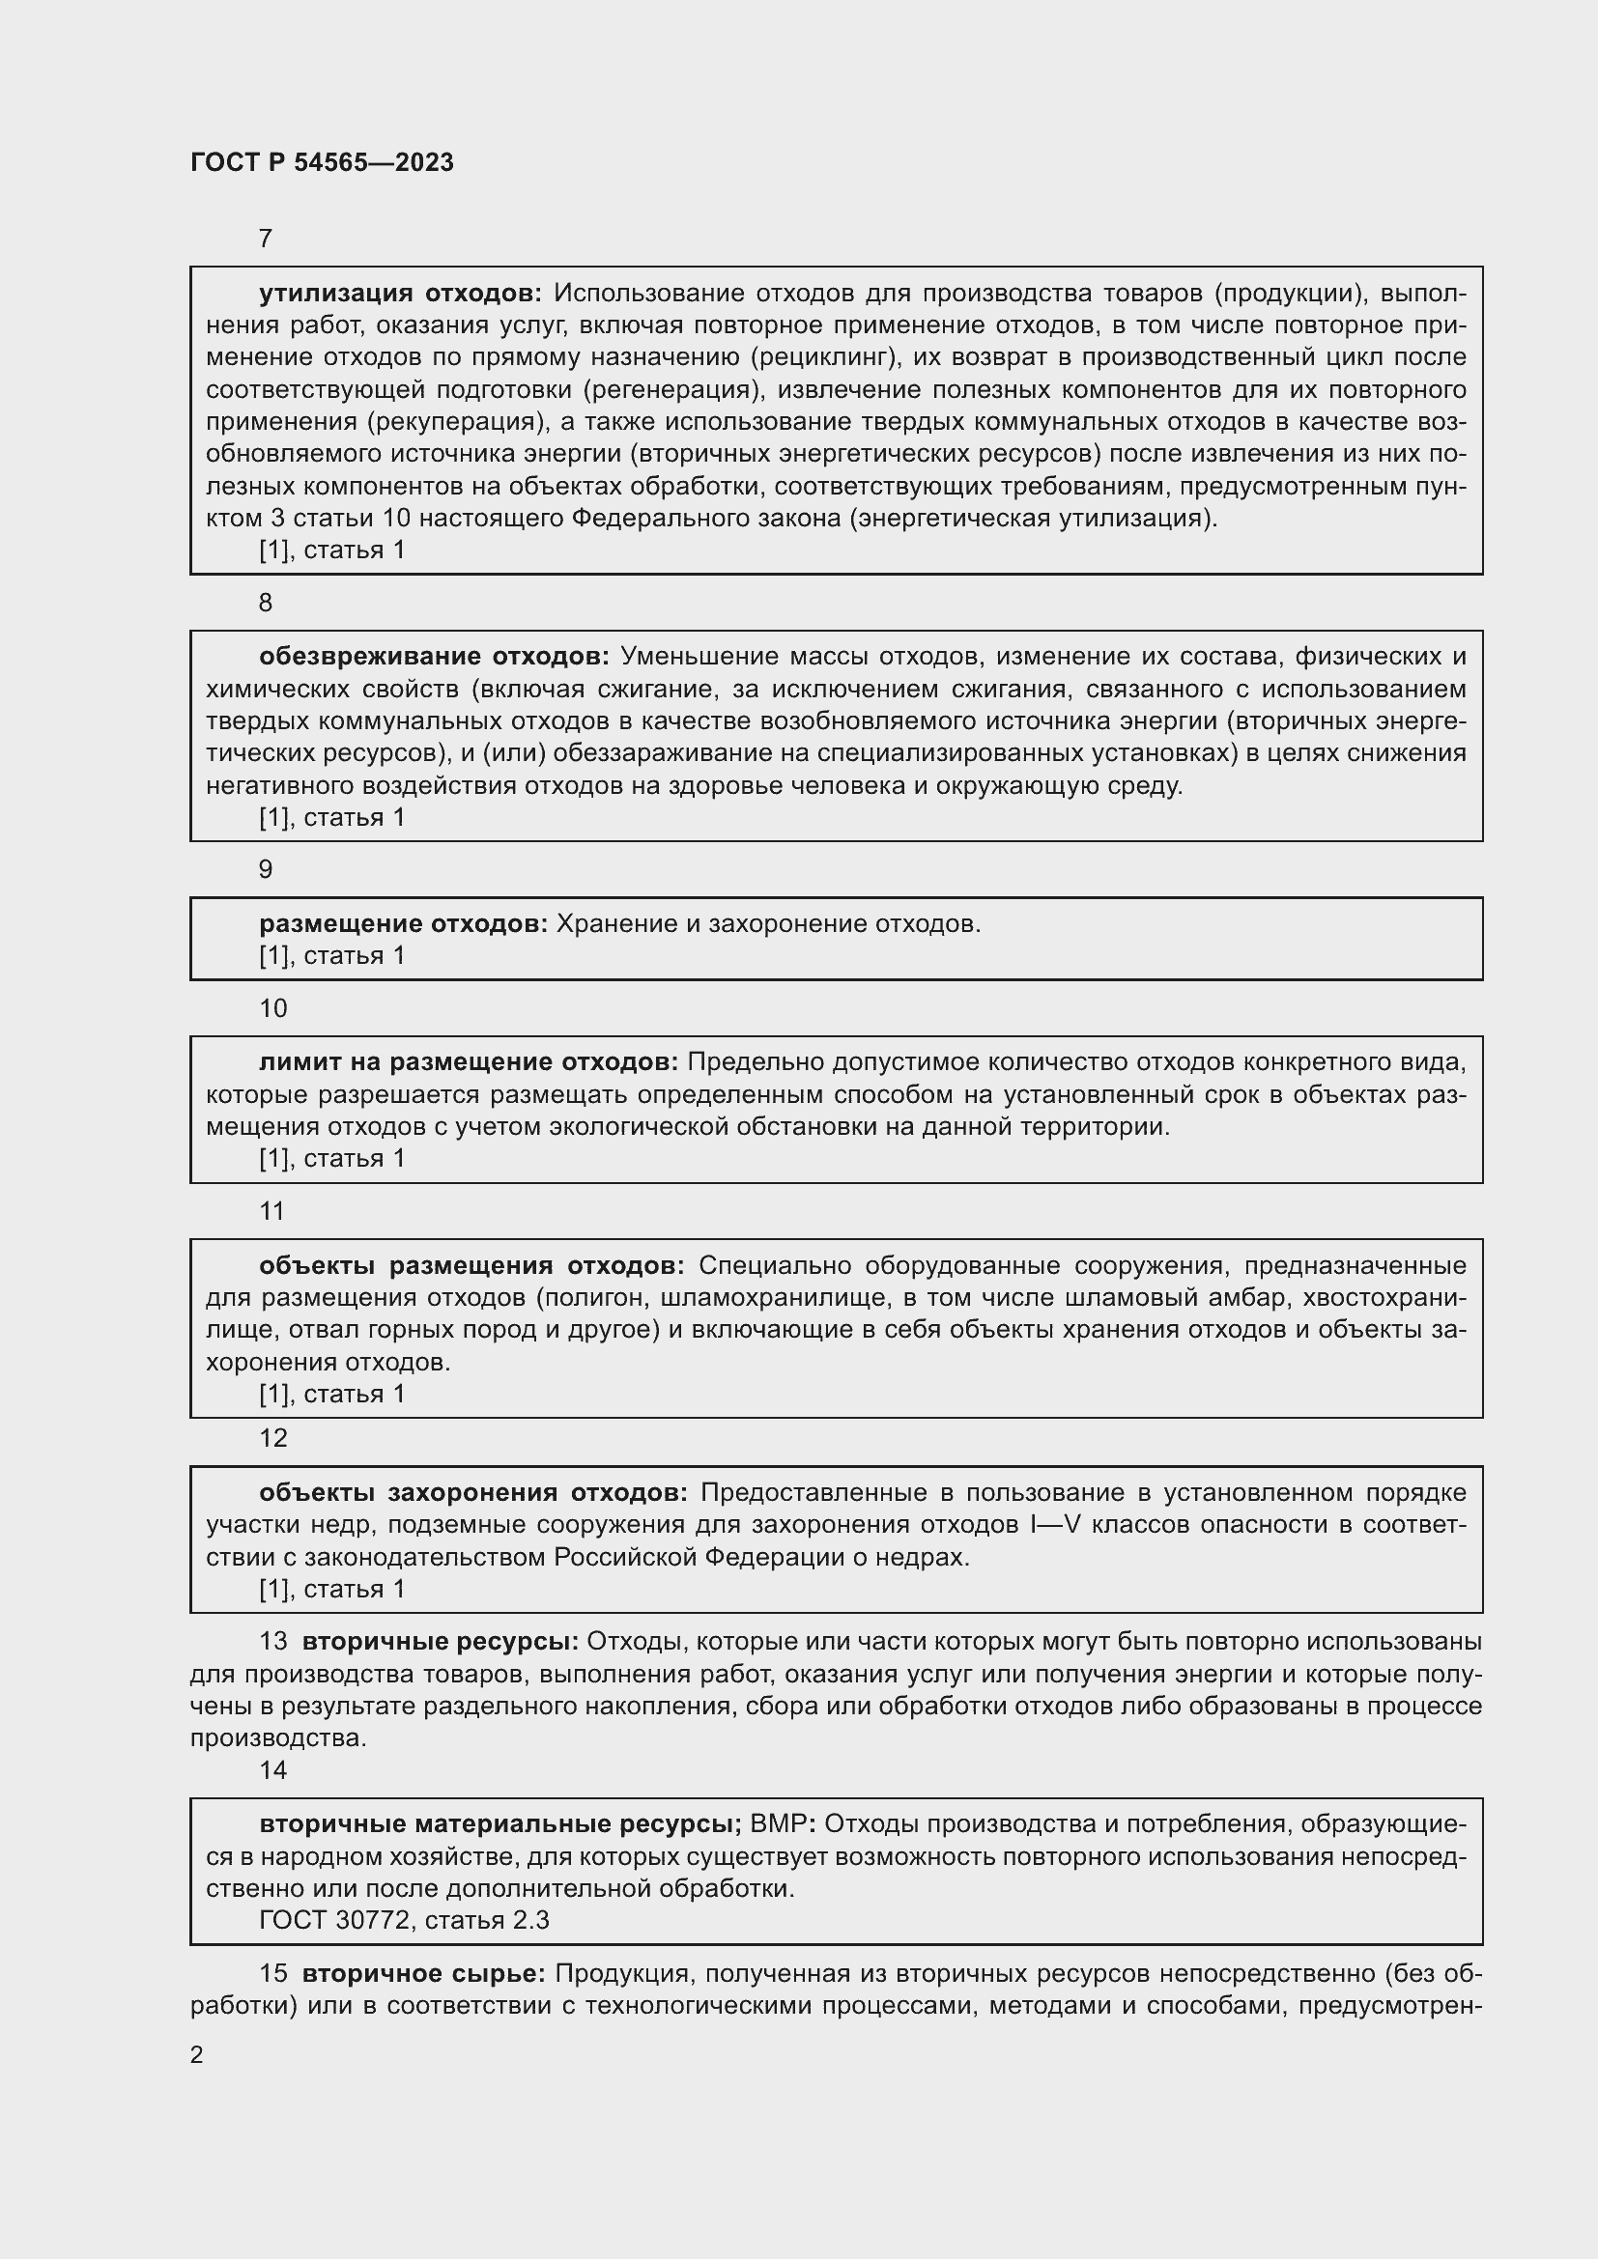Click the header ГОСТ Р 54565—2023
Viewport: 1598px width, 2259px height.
pos(322,162)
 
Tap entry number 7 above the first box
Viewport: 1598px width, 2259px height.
pos(265,240)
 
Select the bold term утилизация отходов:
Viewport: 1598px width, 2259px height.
pos(400,294)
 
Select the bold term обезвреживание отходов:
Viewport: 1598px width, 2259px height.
pos(434,656)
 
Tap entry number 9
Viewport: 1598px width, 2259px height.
pos(265,870)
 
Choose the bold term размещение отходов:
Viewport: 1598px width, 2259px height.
pos(404,924)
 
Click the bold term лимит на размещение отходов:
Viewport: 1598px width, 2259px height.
pos(469,1062)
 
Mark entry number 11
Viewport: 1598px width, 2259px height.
pos(271,1211)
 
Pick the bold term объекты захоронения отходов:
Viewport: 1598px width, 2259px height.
pos(473,1492)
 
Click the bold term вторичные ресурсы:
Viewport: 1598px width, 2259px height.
pos(440,1642)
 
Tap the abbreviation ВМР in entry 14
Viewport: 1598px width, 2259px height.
pos(778,1824)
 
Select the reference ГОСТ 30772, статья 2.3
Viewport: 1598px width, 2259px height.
pos(404,1920)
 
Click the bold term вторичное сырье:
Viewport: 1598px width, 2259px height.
pos(423,1975)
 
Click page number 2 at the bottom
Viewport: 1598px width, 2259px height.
pos(197,2055)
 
